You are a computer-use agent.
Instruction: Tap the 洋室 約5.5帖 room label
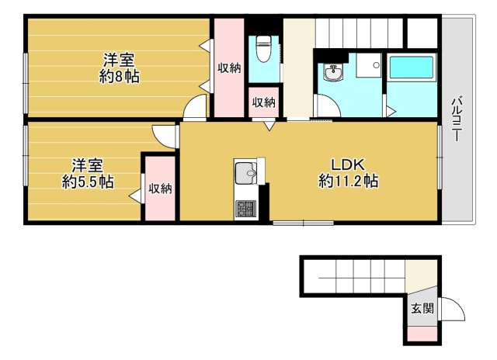point(88,174)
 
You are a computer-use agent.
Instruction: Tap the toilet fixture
point(263,49)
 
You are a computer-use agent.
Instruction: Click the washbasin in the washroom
point(334,73)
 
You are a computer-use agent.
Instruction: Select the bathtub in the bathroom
point(412,74)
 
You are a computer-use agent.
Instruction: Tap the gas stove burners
point(246,207)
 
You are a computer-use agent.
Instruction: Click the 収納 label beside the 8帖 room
point(228,68)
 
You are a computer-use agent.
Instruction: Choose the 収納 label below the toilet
point(262,102)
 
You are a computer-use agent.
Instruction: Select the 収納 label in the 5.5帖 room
point(160,188)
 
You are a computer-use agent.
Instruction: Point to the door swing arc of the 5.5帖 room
point(165,136)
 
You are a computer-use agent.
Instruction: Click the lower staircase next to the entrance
point(353,275)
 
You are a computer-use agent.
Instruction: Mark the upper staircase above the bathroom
point(359,32)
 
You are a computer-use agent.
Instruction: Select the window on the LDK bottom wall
point(303,223)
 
